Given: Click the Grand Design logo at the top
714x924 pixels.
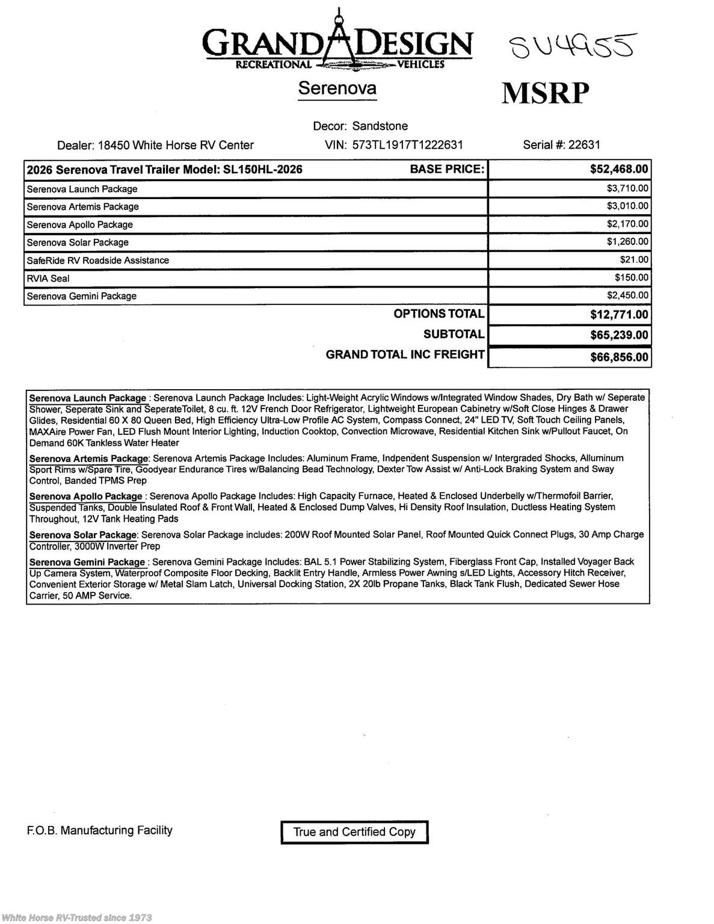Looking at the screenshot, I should (338, 42).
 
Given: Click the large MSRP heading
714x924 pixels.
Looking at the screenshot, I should (545, 93).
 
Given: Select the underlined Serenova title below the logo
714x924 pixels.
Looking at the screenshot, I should (337, 88).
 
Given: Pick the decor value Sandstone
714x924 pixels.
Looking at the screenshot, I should (380, 126).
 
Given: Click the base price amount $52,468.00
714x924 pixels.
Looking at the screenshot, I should (619, 170).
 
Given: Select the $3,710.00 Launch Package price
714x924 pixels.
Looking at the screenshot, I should (627, 189).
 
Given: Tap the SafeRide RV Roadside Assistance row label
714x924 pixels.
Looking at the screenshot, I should (97, 260).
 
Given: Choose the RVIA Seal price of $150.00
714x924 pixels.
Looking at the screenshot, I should (632, 278).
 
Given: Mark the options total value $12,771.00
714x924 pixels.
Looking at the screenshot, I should (619, 315).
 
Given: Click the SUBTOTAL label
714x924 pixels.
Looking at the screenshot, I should (454, 334).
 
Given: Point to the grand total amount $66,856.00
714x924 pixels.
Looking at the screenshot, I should (619, 357).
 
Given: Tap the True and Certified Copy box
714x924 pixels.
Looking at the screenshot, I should (354, 832).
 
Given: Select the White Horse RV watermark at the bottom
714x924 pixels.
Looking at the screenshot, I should (76, 917).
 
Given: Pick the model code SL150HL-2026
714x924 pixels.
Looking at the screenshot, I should (262, 170).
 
